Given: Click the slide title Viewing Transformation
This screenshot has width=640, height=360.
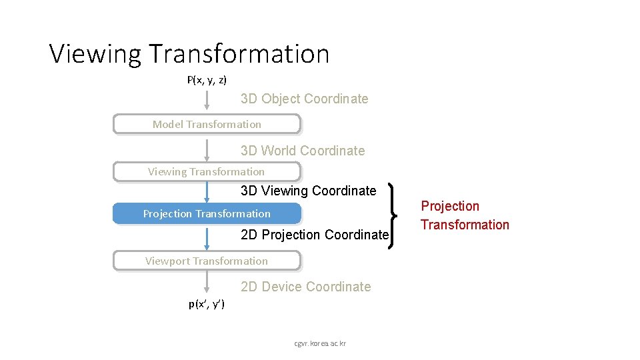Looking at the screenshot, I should [x=189, y=54].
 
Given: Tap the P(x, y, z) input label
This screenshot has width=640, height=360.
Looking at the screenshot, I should [x=207, y=80].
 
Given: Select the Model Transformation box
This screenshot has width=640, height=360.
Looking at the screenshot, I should [x=207, y=124].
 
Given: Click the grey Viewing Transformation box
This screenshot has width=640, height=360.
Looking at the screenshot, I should [x=207, y=172].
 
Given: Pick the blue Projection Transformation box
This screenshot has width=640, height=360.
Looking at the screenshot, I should [x=207, y=213].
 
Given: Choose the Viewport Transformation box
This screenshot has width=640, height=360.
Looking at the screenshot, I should [x=207, y=261].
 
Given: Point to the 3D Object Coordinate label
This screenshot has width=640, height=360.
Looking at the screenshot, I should [x=304, y=99].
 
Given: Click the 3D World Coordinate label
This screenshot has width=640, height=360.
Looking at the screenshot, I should [x=303, y=151].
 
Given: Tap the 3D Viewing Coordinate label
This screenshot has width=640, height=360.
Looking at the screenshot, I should [x=308, y=191].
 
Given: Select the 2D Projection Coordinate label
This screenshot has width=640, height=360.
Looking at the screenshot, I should [x=314, y=235].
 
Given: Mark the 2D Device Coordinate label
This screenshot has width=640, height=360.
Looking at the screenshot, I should [x=305, y=287].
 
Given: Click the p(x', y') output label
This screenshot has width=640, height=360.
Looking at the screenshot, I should [x=207, y=305].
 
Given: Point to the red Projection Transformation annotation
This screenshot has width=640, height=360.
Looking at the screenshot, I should [x=465, y=215].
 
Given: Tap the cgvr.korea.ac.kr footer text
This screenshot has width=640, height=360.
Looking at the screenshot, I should [x=320, y=343].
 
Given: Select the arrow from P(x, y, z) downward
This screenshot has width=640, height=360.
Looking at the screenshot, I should [x=207, y=101].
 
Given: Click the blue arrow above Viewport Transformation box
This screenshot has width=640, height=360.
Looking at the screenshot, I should [x=207, y=238].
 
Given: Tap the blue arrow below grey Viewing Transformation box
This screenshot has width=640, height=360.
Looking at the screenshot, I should [x=207, y=192].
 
